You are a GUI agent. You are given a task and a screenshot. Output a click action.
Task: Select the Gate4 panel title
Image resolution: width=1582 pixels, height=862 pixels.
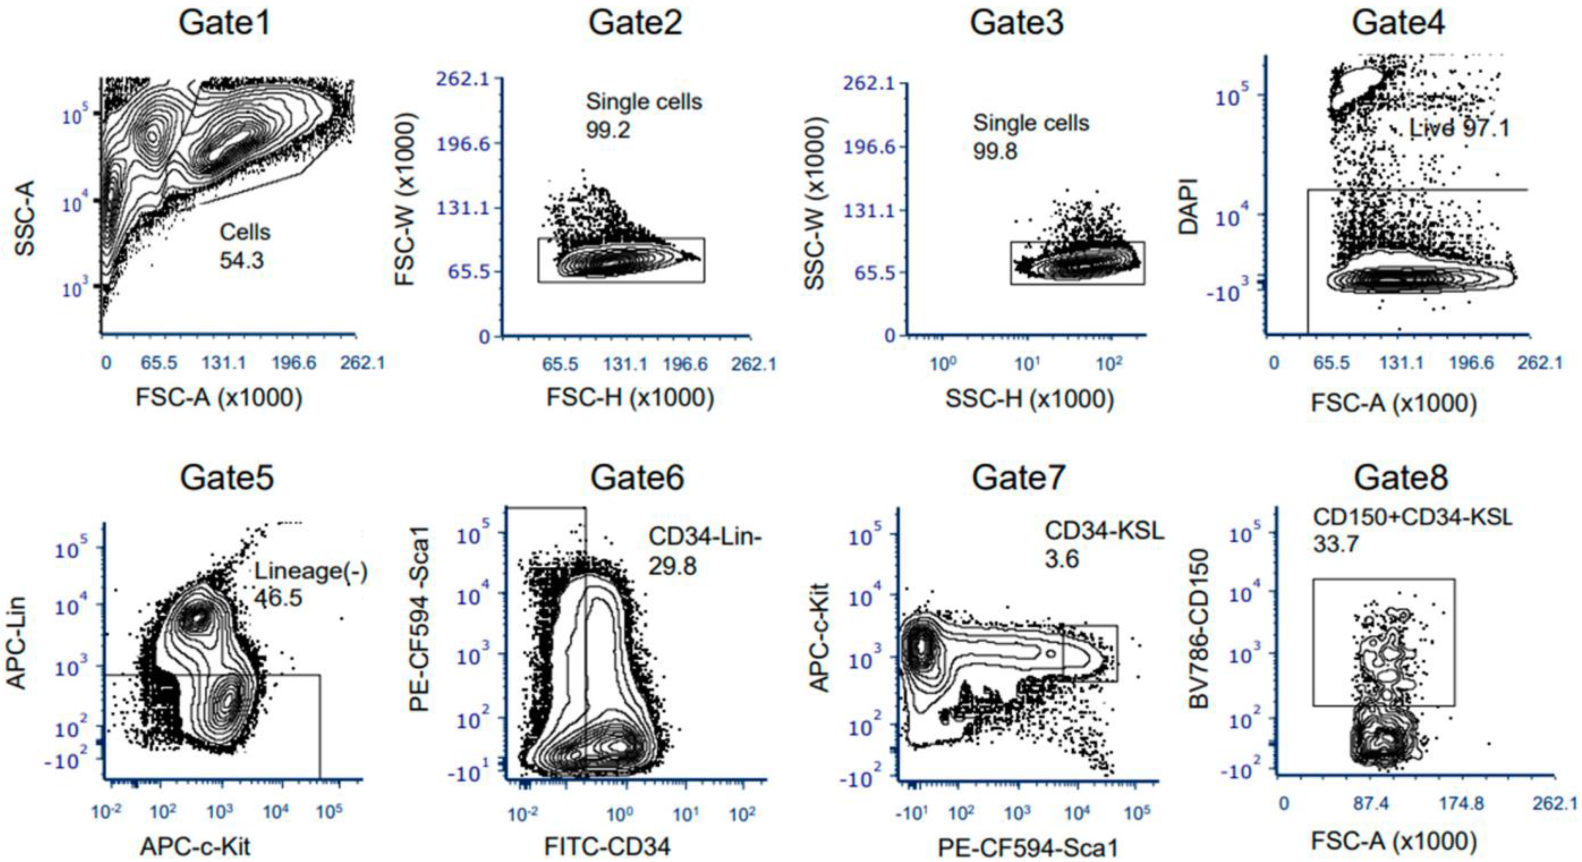click(x=1399, y=23)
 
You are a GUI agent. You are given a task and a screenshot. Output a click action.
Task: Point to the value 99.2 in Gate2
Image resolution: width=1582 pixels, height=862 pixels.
click(x=608, y=130)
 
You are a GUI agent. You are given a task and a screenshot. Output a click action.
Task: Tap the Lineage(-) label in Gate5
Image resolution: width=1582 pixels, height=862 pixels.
click(x=311, y=572)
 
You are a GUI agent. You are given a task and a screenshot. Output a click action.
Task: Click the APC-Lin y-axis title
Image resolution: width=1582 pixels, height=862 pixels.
click(x=17, y=642)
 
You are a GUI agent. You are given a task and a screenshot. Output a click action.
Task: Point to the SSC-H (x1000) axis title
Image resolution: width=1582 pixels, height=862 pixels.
click(x=1029, y=399)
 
